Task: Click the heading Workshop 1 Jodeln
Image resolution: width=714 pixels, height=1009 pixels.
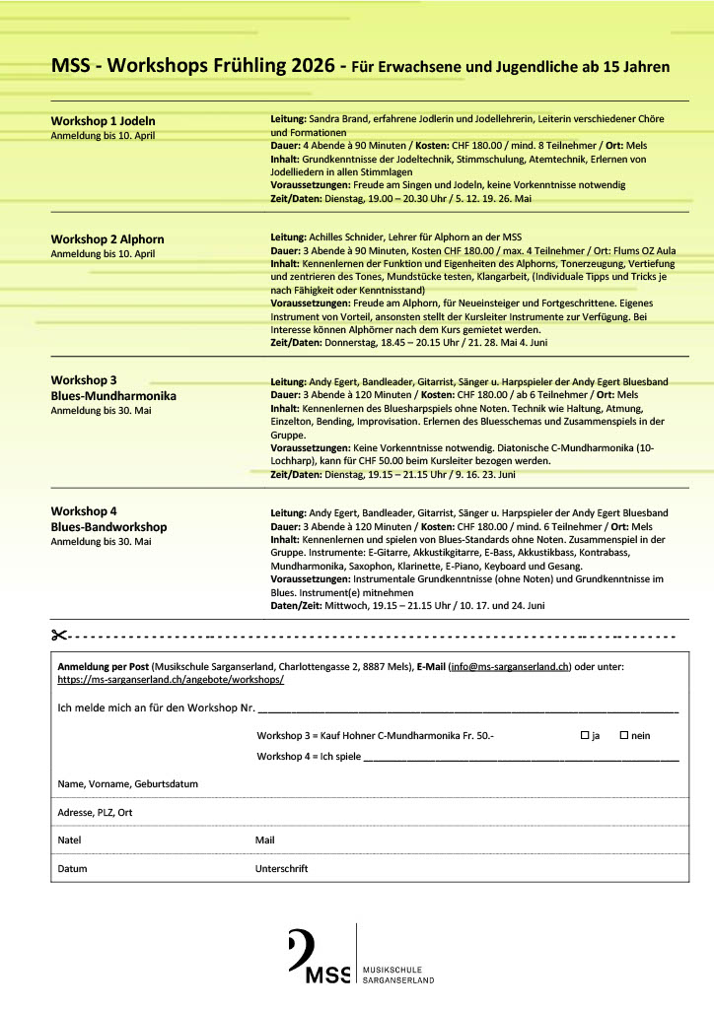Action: click(103, 121)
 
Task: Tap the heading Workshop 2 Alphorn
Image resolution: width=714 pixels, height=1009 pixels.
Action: click(107, 239)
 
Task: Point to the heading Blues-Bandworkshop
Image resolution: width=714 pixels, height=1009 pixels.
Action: click(108, 527)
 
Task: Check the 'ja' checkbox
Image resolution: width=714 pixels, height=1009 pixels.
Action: click(585, 735)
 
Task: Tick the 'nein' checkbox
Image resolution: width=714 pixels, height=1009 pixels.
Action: click(623, 735)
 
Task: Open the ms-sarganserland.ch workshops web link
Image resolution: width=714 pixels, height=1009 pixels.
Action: click(171, 680)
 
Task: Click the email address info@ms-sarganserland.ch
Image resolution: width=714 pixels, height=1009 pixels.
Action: click(509, 667)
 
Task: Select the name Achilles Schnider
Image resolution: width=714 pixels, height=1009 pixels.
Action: click(350, 237)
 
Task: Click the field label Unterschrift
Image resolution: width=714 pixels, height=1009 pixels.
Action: click(281, 868)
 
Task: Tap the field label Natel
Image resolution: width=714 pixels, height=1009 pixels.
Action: click(70, 841)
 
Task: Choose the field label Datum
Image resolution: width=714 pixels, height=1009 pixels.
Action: click(73, 868)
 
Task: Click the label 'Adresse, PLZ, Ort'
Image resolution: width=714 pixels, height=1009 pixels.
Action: click(96, 812)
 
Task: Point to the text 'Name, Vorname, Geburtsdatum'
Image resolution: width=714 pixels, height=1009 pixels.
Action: click(128, 783)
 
